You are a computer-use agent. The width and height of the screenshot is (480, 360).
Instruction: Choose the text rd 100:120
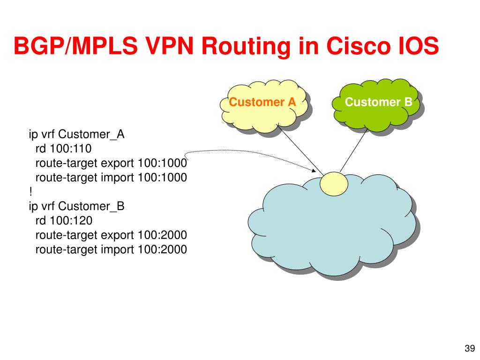click(x=64, y=220)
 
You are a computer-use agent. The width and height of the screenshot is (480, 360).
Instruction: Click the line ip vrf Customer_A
click(x=76, y=135)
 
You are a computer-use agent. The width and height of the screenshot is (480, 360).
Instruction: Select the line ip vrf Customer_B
click(x=76, y=206)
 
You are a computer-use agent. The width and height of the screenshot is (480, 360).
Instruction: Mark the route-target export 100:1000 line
click(x=111, y=163)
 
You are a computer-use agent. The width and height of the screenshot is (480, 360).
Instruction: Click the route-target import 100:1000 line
click(x=111, y=178)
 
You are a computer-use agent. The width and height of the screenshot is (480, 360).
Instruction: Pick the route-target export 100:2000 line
click(x=111, y=235)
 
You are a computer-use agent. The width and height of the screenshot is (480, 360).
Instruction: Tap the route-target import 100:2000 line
click(x=111, y=249)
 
